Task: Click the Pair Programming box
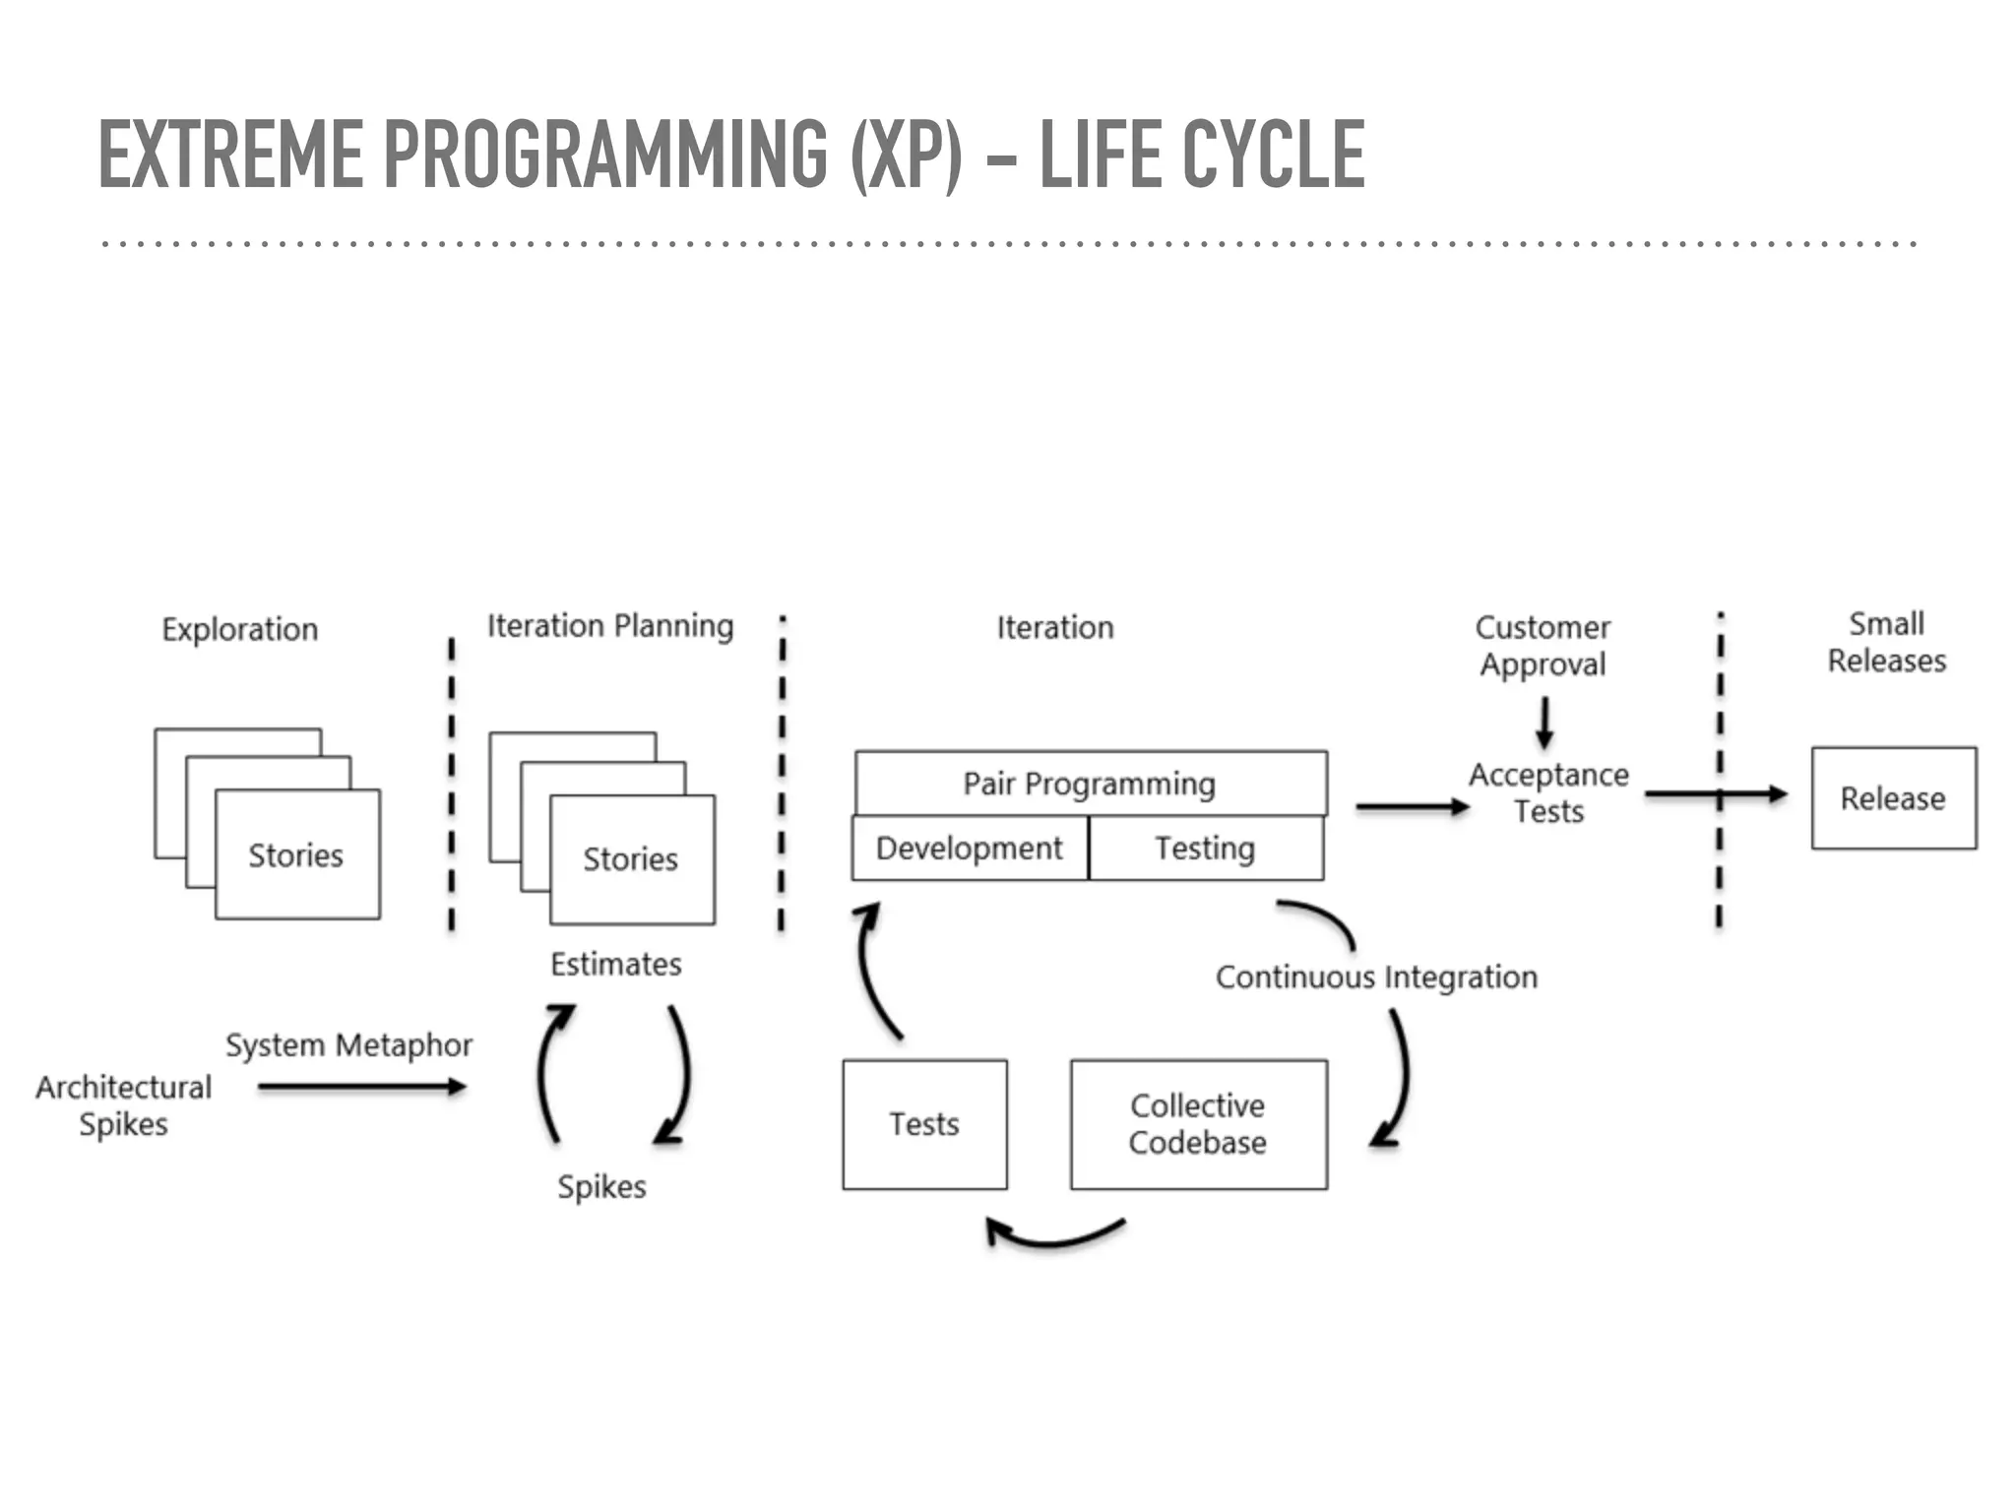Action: (x=1090, y=784)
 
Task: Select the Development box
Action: (x=970, y=849)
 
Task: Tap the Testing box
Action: (x=1205, y=849)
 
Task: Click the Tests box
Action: (x=924, y=1124)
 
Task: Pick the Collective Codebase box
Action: (x=1198, y=1124)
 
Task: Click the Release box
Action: (x=1893, y=798)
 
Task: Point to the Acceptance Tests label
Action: (x=1548, y=793)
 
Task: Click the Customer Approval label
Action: (x=1543, y=646)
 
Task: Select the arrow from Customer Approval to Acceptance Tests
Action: (x=1544, y=723)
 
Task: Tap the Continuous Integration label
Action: (x=1376, y=977)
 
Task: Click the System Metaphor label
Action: (x=348, y=1045)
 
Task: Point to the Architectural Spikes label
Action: (x=124, y=1105)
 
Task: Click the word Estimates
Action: (x=615, y=964)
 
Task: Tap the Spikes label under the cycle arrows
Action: (x=601, y=1186)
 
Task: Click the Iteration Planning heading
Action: (x=610, y=626)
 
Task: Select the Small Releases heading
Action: (x=1886, y=642)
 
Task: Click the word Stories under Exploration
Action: (x=295, y=855)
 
